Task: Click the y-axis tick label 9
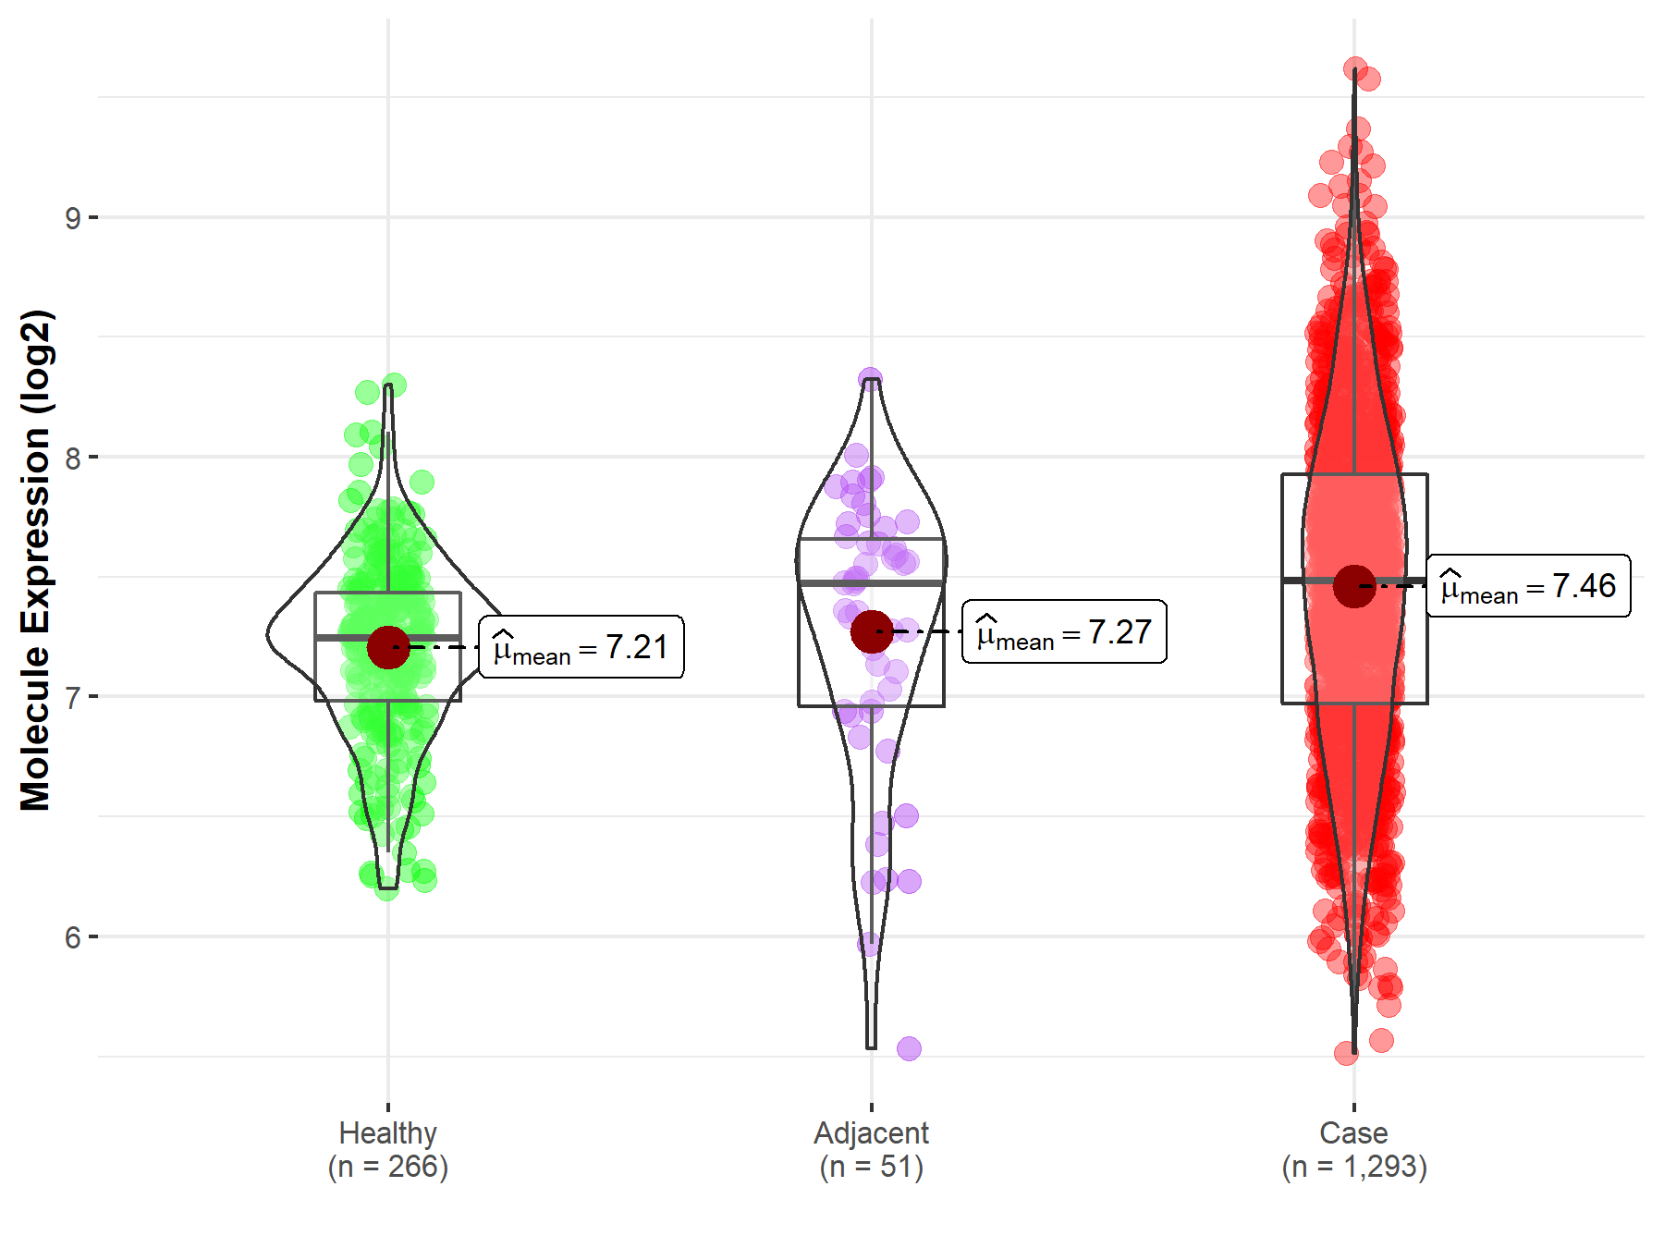[72, 218]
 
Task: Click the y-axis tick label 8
[72, 458]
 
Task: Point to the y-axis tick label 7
[72, 697]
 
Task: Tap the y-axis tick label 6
[72, 937]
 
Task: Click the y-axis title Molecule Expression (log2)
[35, 560]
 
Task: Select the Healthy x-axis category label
[387, 1132]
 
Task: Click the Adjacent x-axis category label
[871, 1132]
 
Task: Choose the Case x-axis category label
[1353, 1132]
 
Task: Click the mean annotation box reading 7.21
[581, 647]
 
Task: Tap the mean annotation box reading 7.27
[1064, 632]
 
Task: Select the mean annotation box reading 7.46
[1528, 586]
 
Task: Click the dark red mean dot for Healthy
[388, 647]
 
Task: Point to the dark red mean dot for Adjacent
[872, 631]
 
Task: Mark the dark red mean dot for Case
[1354, 586]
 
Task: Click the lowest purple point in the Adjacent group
[909, 1048]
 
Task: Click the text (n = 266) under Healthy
[387, 1167]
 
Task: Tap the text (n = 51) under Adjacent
[871, 1167]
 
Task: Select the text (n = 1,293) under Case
[1353, 1167]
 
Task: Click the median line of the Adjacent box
[871, 583]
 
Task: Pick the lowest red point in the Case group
[1346, 1053]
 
